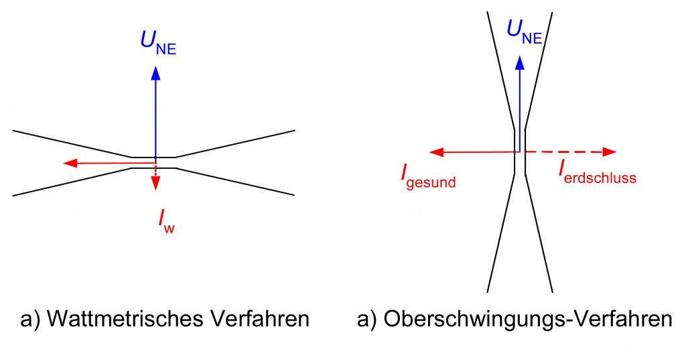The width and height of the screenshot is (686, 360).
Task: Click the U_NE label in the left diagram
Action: pyautogui.click(x=158, y=42)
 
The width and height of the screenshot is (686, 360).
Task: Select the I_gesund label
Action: pyautogui.click(x=427, y=176)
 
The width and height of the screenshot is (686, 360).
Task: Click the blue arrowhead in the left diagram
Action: pyautogui.click(x=156, y=70)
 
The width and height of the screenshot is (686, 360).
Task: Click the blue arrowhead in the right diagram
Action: pyautogui.click(x=520, y=62)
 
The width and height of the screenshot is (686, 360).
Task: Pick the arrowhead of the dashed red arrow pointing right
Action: pyautogui.click(x=608, y=152)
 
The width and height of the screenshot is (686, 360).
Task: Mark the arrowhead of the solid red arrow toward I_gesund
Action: pyautogui.click(x=437, y=152)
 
